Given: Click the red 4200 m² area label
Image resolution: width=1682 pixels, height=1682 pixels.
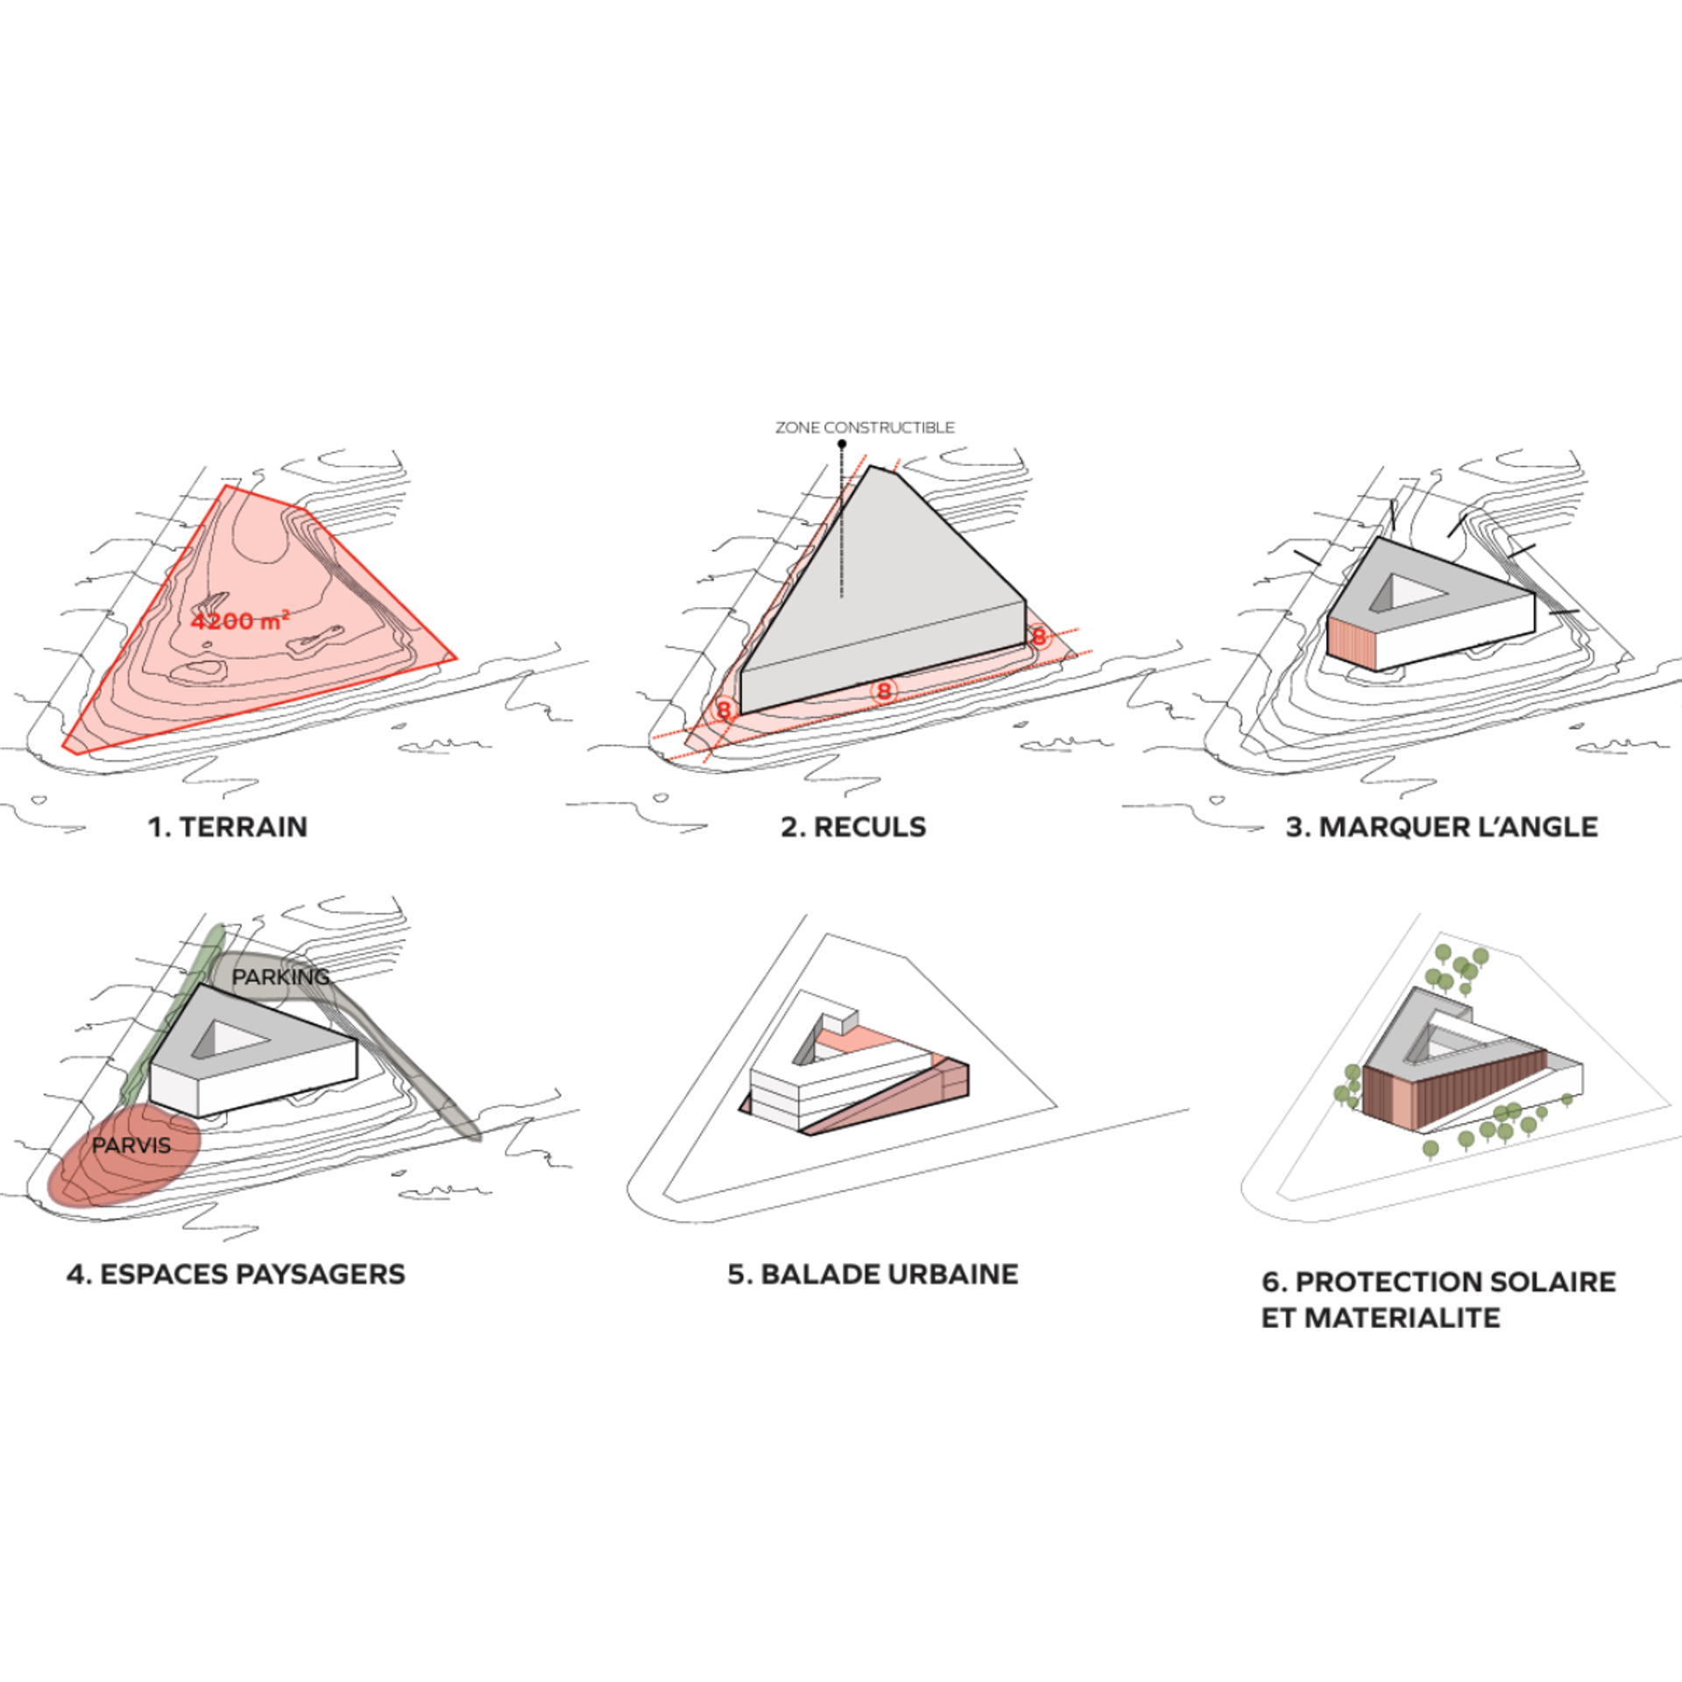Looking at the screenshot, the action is pyautogui.click(x=240, y=621).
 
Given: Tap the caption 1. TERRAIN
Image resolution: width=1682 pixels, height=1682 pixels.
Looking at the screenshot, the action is pyautogui.click(x=228, y=827).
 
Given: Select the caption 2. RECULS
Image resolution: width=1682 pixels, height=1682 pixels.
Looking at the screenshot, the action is pyautogui.click(x=853, y=827).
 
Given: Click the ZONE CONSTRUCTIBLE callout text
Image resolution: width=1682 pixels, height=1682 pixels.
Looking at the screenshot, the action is pyautogui.click(x=865, y=428).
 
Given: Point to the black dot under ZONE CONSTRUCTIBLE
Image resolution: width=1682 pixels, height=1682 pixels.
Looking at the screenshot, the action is pyautogui.click(x=842, y=444).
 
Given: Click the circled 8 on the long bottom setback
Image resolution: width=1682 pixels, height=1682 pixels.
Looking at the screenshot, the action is pyautogui.click(x=884, y=691).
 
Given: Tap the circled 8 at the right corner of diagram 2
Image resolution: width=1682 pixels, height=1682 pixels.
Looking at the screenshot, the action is pyautogui.click(x=1039, y=636).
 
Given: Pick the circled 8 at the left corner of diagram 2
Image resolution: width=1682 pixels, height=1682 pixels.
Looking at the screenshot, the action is pyautogui.click(x=724, y=710).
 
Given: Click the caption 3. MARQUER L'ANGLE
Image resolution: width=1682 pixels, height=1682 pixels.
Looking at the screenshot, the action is pyautogui.click(x=1442, y=827).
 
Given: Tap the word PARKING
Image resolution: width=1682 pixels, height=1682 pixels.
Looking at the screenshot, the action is pyautogui.click(x=280, y=976).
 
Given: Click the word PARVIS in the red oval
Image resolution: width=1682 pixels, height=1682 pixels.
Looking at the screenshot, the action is pyautogui.click(x=131, y=1145).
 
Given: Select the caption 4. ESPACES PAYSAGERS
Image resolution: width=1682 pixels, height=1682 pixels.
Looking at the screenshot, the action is pyautogui.click(x=236, y=1274).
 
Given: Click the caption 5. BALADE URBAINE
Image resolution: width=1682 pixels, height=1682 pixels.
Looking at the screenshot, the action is pyautogui.click(x=873, y=1274).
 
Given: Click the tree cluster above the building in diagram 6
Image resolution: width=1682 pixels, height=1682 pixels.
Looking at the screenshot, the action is pyautogui.click(x=1457, y=969).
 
